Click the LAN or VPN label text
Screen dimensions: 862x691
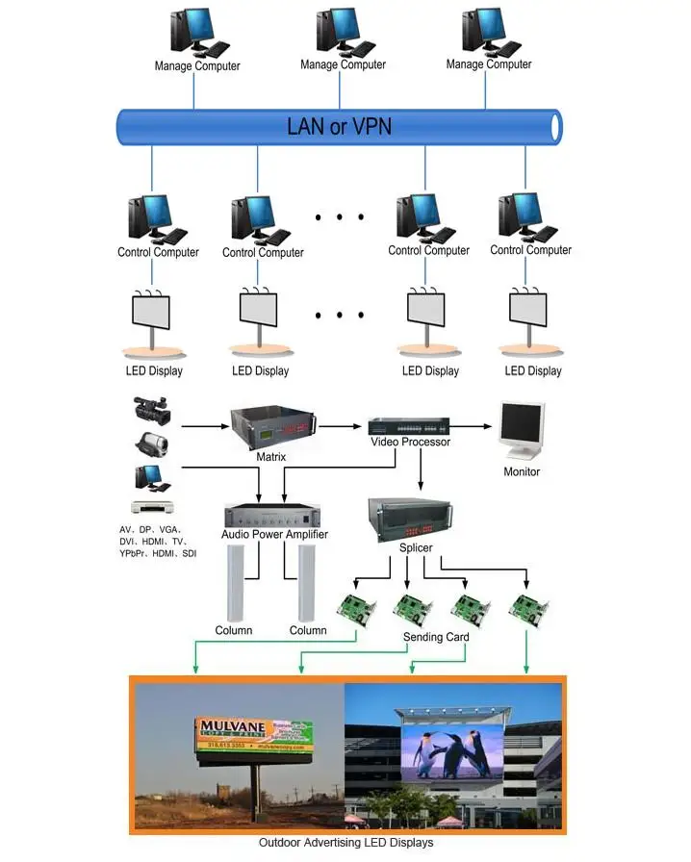click(340, 126)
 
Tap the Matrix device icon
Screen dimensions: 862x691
click(271, 427)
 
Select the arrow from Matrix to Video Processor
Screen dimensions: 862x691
click(342, 424)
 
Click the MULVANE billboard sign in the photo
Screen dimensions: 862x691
click(256, 735)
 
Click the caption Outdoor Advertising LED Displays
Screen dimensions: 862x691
click(345, 843)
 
